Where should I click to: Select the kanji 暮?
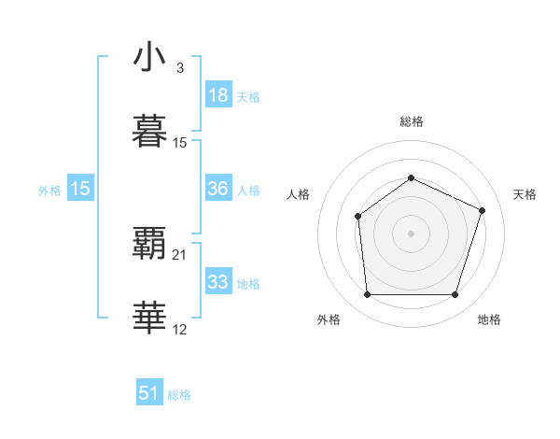coord(149,132)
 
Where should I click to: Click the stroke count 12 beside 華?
coord(180,330)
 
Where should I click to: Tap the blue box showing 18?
coord(217,94)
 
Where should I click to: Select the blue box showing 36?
coord(217,188)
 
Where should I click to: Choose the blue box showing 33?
coord(217,282)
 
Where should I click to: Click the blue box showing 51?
coord(149,393)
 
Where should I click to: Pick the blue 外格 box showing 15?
coord(80,188)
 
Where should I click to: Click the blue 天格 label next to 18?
coord(248,96)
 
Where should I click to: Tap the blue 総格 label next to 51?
coord(179,395)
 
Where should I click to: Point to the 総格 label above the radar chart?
coord(411,121)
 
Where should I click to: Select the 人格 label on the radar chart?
coord(299,194)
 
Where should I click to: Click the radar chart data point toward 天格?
coord(483,210)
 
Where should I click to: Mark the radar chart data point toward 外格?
coord(367,295)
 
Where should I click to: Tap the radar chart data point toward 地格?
coord(455,295)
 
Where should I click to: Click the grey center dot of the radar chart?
coord(411,234)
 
